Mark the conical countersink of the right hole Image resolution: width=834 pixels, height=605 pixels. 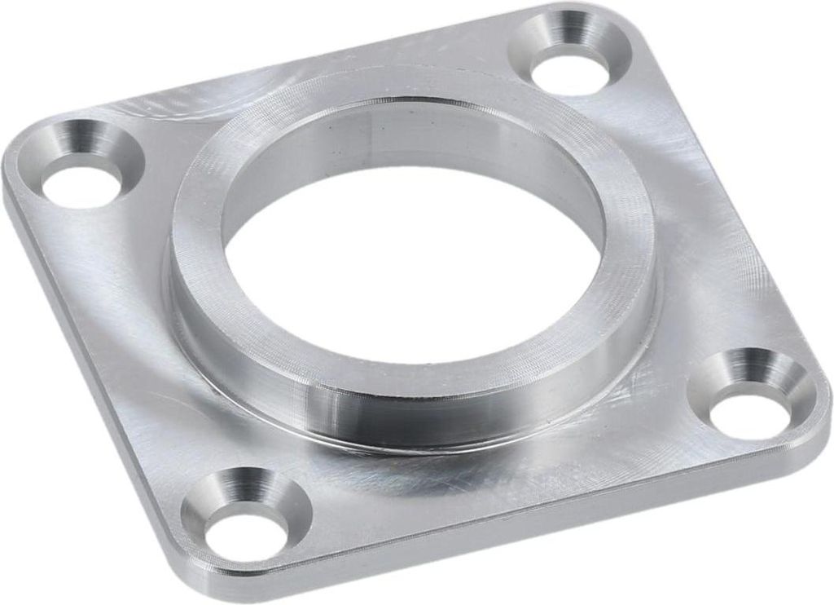click(x=745, y=372)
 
